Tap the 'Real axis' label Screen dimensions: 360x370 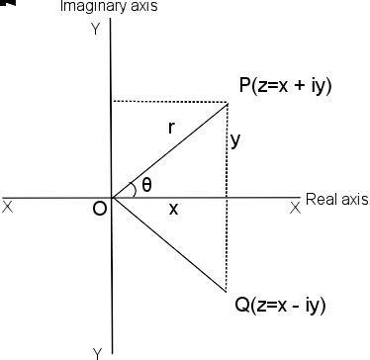[x=336, y=199]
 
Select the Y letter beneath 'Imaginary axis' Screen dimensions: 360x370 [x=95, y=30]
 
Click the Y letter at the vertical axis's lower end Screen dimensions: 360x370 [x=97, y=352]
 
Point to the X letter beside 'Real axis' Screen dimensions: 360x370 [x=294, y=208]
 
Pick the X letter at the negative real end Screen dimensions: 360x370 [x=8, y=208]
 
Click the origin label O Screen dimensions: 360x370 [x=99, y=211]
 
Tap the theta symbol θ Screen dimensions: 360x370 [x=146, y=184]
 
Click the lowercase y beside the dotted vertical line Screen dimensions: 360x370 [x=235, y=140]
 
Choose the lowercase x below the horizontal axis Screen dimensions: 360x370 [x=173, y=209]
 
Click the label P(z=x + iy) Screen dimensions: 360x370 [x=285, y=86]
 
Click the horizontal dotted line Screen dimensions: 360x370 [x=168, y=101]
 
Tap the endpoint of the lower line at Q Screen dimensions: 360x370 [x=228, y=292]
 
